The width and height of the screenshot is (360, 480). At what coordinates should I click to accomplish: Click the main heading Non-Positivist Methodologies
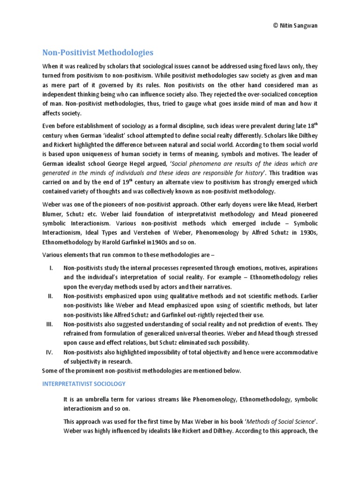click(97, 52)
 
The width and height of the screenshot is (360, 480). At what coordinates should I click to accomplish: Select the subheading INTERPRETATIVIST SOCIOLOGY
click(84, 383)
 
